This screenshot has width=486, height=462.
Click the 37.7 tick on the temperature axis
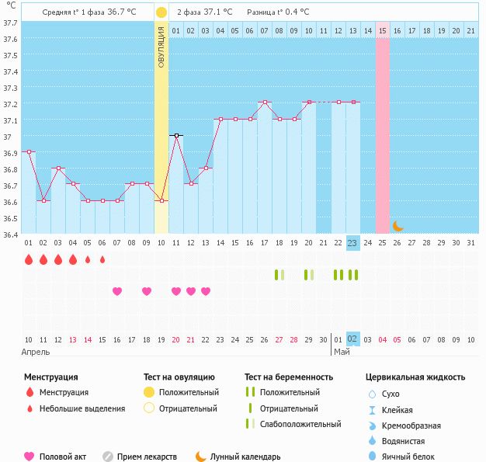11,23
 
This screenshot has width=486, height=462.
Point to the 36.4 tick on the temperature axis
11,234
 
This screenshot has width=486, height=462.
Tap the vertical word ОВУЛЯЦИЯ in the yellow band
161,47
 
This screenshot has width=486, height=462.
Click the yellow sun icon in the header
161,12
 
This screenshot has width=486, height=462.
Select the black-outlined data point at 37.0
176,136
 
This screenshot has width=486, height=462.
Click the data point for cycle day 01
29,152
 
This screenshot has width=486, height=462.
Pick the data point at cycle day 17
265,102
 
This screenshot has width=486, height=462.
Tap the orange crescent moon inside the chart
397,226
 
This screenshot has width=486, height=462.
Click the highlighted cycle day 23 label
352,243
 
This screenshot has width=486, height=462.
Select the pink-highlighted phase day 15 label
383,31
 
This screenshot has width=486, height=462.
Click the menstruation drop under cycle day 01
29,259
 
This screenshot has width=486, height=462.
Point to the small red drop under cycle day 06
102,259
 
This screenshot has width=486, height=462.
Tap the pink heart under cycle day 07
117,291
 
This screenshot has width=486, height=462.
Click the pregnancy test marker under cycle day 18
279,275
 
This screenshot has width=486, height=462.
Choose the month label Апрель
36,353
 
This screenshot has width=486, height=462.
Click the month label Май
342,352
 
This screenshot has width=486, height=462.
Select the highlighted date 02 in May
352,339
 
